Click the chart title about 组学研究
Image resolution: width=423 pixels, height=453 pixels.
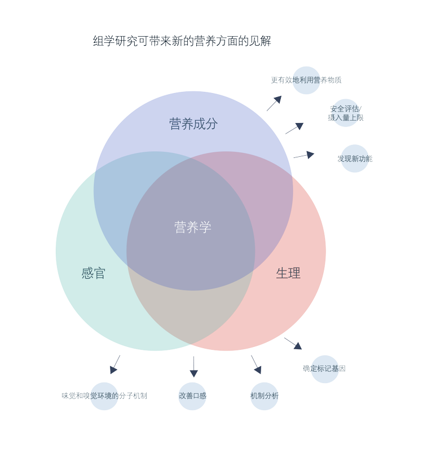tap(182, 41)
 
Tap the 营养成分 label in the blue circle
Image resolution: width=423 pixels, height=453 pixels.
tap(193, 124)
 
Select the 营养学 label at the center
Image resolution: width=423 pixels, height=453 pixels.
tap(193, 227)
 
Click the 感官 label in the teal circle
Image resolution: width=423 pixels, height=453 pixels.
tap(94, 274)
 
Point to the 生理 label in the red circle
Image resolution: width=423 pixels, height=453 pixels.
tap(288, 274)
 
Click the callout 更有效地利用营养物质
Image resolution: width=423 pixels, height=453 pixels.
tap(306, 80)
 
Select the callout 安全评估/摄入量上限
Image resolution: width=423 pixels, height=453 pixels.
tap(346, 113)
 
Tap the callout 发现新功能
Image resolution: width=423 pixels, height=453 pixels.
tap(355, 159)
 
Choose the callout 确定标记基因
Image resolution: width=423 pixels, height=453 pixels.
tap(324, 369)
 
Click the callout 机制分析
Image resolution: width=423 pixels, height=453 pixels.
tap(265, 396)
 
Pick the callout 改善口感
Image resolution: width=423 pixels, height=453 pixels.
tap(193, 396)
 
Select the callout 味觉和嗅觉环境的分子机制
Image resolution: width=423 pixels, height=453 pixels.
tap(104, 396)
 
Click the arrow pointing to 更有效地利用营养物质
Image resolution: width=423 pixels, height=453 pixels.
tap(274, 103)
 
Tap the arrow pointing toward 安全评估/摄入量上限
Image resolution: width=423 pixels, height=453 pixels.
tap(294, 129)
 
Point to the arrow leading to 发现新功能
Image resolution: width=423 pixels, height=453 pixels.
tap(304, 155)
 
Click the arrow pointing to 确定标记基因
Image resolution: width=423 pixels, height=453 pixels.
tap(293, 344)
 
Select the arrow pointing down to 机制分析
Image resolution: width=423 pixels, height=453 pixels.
tap(256, 364)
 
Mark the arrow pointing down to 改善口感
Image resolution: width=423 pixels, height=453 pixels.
tap(194, 367)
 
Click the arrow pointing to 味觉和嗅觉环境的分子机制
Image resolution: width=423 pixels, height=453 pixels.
tap(115, 364)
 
